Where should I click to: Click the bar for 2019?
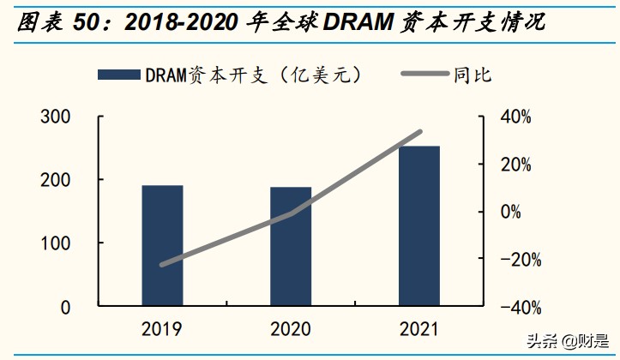(x=162, y=245)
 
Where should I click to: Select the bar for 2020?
(x=291, y=246)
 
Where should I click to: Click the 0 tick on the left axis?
(x=65, y=307)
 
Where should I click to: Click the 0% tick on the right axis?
(x=511, y=212)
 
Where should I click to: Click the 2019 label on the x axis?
(x=162, y=329)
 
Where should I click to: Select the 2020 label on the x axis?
(x=291, y=329)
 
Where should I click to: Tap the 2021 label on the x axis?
(x=419, y=329)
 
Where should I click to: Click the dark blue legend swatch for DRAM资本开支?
(x=117, y=75)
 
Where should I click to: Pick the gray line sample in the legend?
(x=425, y=75)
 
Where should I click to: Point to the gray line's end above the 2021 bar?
(x=420, y=132)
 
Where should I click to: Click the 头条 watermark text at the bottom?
(x=539, y=341)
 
